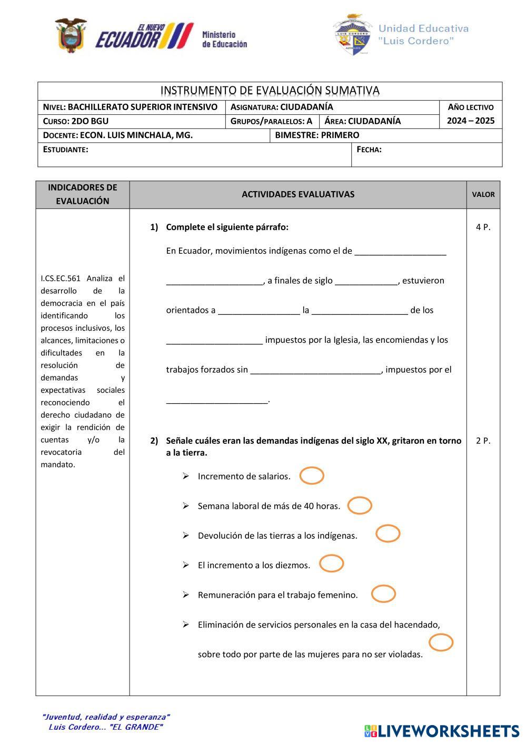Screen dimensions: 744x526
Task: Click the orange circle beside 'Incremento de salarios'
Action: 312,475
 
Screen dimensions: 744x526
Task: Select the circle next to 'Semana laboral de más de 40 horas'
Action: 360,505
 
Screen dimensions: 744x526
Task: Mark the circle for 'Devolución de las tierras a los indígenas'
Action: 388,533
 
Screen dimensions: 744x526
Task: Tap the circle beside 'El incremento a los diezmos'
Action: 331,563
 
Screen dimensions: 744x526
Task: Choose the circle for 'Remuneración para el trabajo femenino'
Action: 383,593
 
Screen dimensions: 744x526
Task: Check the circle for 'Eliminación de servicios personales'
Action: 441,642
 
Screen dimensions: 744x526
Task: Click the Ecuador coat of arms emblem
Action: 71,36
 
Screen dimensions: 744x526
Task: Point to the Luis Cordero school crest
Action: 352,35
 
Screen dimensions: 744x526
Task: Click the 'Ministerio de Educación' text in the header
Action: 224,39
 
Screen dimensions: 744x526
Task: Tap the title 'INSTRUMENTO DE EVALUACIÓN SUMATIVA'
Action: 270,91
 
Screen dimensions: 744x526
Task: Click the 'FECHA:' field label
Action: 369,150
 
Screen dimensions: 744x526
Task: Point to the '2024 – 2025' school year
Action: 471,121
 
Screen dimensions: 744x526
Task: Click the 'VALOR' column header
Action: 483,194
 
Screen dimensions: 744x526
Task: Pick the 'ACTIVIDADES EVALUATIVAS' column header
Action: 298,194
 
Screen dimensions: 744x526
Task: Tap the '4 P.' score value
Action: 483,227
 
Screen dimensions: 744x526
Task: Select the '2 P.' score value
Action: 483,441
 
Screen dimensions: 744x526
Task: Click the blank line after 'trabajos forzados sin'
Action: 315,370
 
